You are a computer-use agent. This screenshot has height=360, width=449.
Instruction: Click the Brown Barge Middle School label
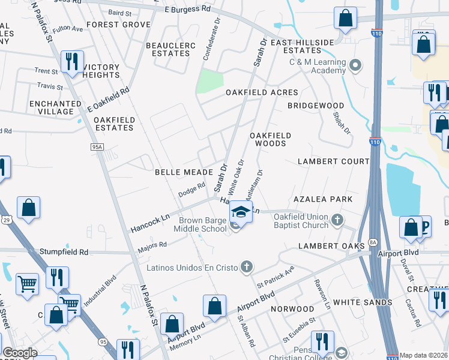(202, 224)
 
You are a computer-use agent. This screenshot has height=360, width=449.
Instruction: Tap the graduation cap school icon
(241, 212)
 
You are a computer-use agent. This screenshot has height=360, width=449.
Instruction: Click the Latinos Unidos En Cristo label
(193, 266)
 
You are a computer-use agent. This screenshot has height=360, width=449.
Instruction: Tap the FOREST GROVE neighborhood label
(118, 25)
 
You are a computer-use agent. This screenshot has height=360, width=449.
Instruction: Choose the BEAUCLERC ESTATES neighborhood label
(168, 49)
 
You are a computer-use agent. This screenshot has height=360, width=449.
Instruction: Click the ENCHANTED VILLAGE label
(55, 108)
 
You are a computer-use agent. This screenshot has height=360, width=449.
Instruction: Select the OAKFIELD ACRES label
(262, 92)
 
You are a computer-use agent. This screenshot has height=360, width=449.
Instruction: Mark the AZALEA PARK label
(322, 199)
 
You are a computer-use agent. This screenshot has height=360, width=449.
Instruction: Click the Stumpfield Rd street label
(64, 252)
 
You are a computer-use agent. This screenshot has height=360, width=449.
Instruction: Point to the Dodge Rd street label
(191, 190)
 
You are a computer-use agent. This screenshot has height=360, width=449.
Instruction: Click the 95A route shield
(98, 147)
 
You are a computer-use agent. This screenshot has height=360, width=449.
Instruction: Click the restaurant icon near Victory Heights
(71, 61)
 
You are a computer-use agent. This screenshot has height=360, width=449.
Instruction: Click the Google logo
(20, 353)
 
